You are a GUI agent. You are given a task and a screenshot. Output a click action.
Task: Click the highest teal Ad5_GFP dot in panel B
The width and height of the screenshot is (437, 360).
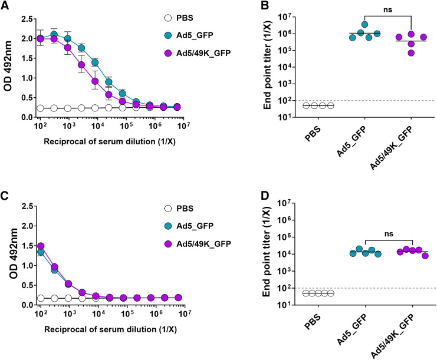365,25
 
